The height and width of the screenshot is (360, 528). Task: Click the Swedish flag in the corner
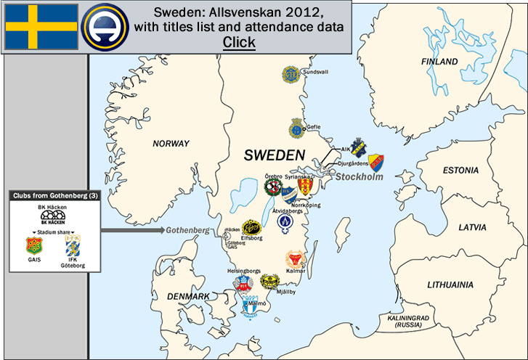point(41,27)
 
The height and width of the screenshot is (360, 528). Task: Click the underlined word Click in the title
point(239,42)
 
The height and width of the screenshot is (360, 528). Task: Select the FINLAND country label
point(439,62)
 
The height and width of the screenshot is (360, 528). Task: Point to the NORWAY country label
point(171,144)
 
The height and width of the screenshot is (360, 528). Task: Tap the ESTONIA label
point(460,171)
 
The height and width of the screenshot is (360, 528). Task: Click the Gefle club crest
point(296,128)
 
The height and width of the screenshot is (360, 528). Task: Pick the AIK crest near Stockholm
point(358,148)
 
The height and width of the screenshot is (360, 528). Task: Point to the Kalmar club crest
point(295,260)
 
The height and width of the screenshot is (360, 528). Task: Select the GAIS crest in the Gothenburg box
point(33,247)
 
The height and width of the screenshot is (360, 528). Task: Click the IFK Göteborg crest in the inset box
point(72,245)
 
